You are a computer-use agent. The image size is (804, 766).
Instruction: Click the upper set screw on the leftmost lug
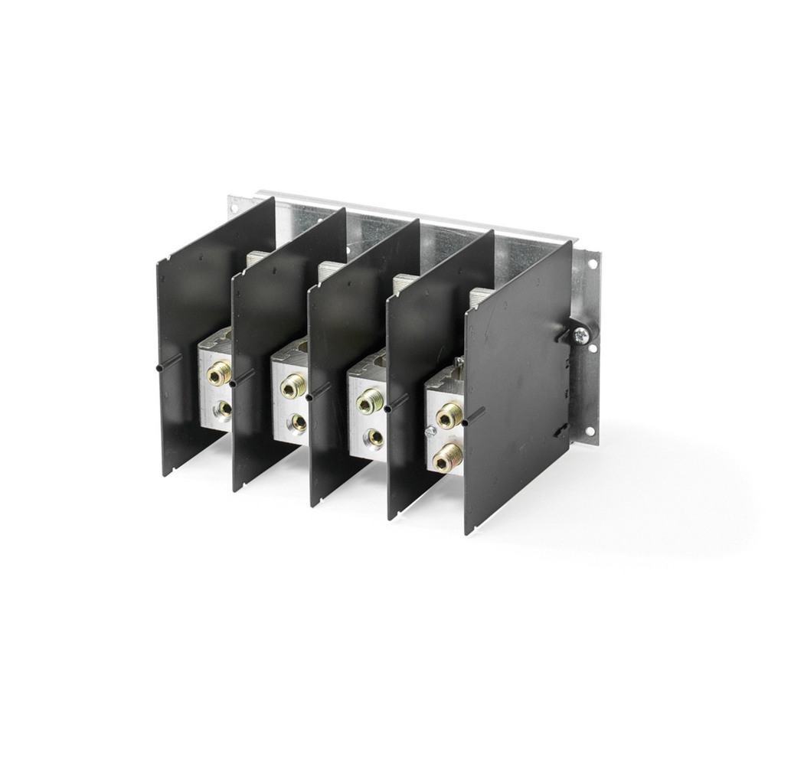221,373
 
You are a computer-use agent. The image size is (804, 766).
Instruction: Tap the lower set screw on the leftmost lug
224,408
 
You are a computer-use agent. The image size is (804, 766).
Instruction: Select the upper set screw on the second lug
292,387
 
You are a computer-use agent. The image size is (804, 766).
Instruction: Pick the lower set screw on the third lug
374,436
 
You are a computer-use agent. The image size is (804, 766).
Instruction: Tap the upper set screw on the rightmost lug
448,417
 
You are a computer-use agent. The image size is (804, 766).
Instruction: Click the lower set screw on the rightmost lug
446,459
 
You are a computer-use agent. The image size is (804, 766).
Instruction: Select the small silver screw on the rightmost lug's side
430,431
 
